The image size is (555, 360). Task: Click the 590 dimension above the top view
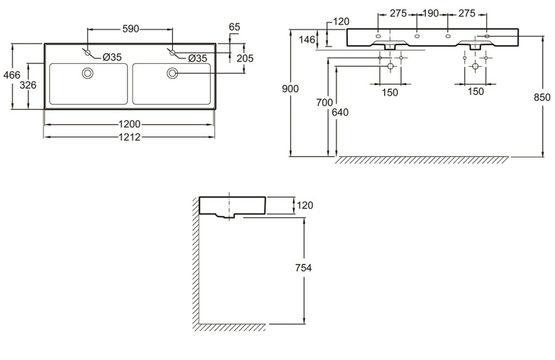pos(131,29)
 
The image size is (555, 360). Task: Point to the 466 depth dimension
pos(9,76)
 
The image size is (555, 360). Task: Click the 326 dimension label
pos(27,85)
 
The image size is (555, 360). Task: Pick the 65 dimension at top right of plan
pos(235,27)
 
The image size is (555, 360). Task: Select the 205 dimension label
pos(245,58)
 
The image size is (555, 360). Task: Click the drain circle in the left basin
pos(88,72)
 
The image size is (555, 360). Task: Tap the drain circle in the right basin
pos(172,72)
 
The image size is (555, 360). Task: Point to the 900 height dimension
pos(291,89)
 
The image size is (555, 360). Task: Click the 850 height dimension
pos(542,98)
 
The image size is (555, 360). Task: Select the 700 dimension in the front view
pos(325,103)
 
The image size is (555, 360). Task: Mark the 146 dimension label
pos(307,40)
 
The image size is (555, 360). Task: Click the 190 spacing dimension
pos(431,13)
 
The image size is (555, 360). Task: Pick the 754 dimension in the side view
pos(303,267)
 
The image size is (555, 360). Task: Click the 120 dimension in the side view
pos(305,205)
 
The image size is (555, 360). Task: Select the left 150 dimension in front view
pos(390,92)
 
